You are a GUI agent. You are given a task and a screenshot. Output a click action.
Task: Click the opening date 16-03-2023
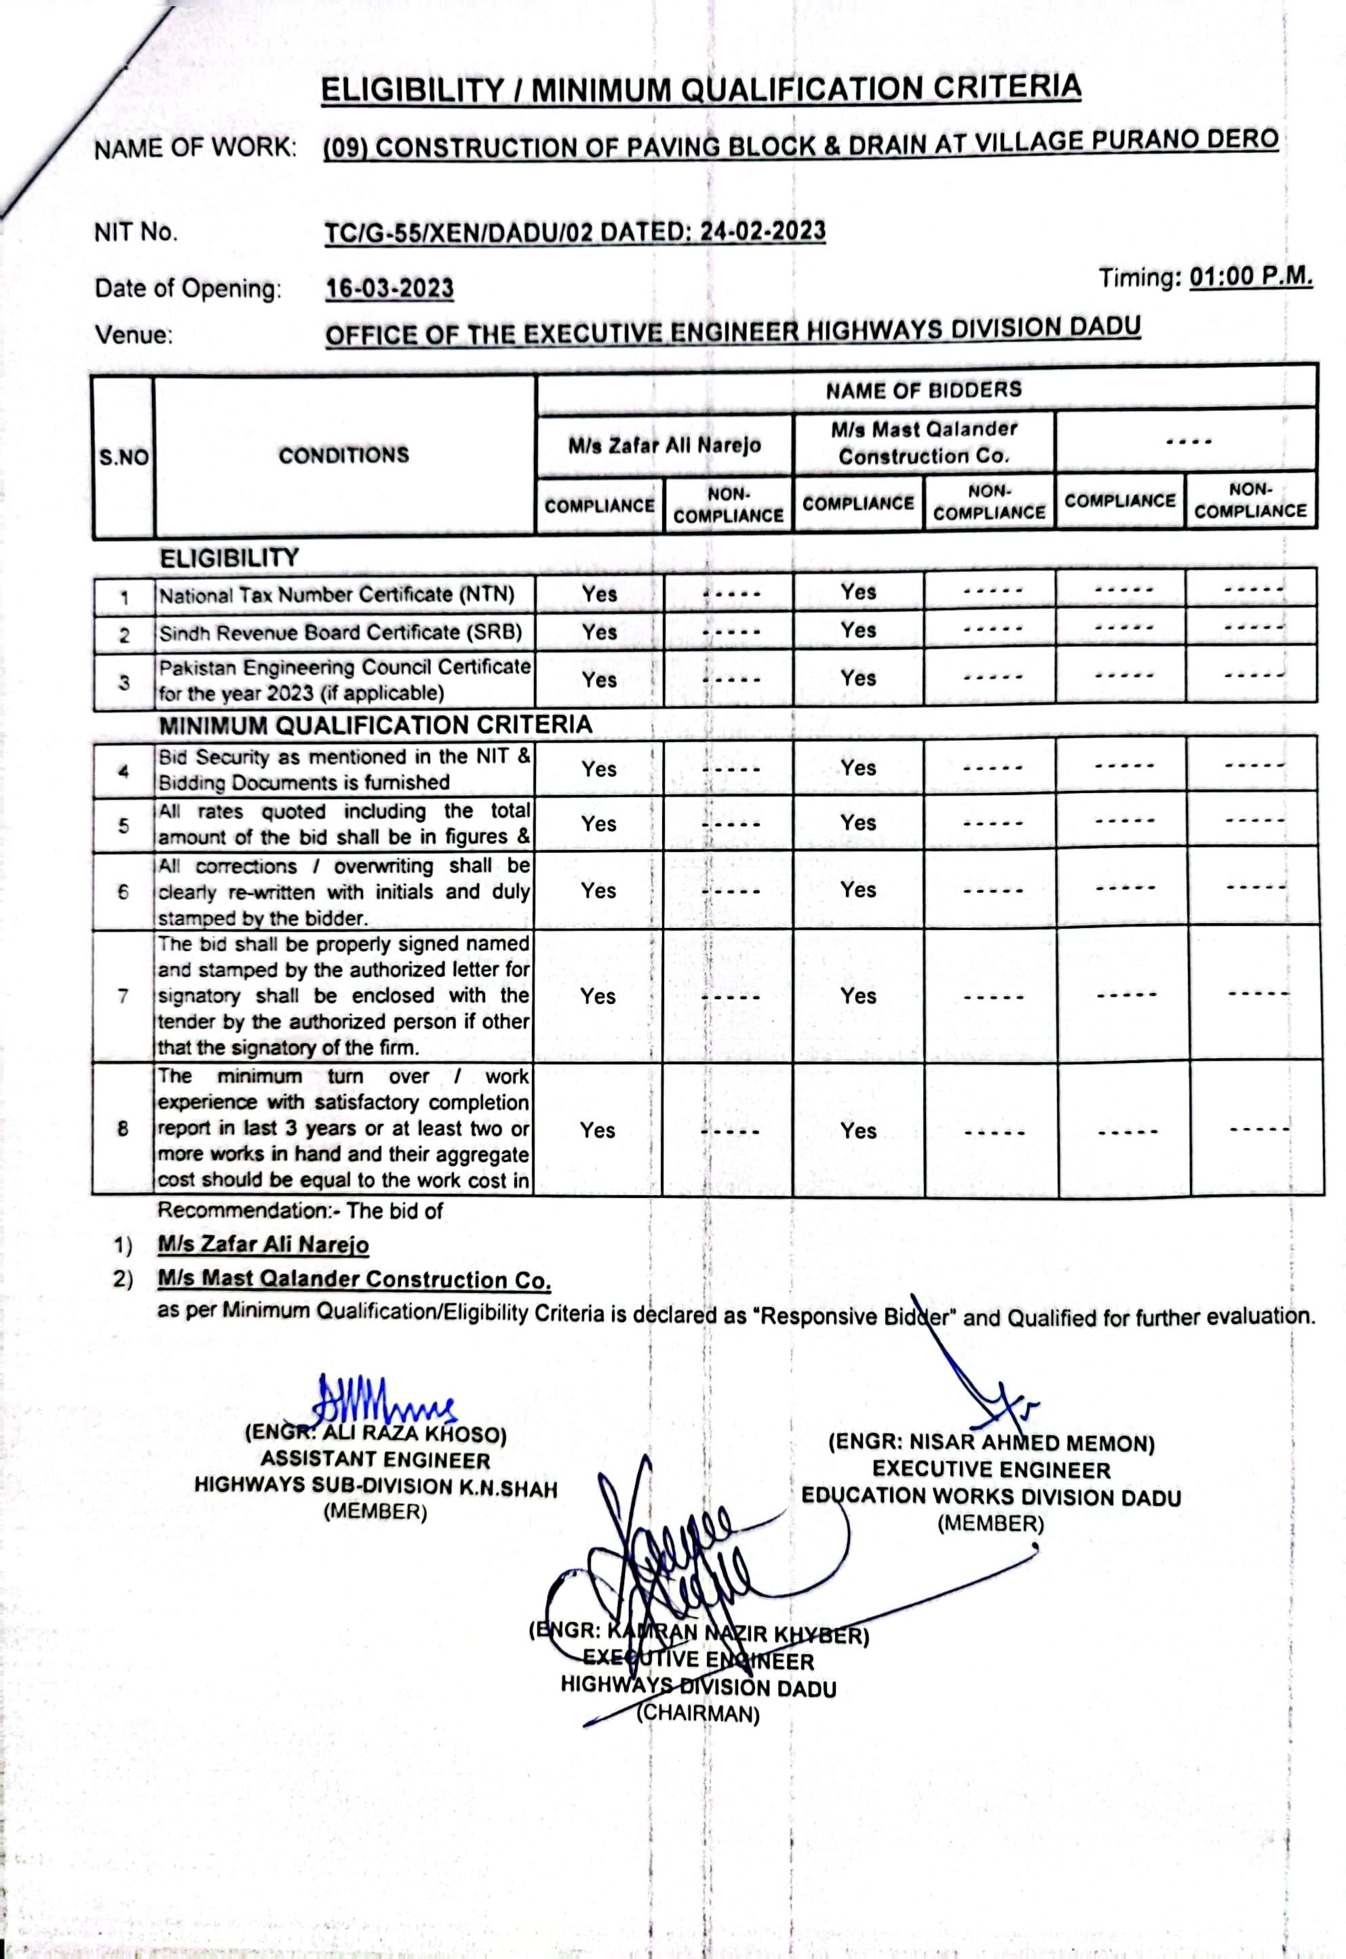389,288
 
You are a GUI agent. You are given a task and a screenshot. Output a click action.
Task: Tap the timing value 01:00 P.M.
1251,277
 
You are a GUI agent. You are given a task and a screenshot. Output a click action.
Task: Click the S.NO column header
123,457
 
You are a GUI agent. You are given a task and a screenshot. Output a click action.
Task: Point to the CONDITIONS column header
343,455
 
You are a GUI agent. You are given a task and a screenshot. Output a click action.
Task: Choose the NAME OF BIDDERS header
923,389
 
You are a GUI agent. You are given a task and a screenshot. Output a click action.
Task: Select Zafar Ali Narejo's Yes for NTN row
599,594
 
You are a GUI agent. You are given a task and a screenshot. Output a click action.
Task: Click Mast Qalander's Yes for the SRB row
858,630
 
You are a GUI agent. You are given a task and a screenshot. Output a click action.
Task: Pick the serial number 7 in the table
123,996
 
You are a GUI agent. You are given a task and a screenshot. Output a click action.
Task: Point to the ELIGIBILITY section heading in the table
229,558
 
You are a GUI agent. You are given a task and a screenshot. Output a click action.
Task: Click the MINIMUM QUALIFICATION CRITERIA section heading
375,725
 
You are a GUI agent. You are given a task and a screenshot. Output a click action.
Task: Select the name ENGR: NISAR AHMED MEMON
991,1443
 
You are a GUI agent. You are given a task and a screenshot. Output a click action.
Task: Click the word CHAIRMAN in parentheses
698,1714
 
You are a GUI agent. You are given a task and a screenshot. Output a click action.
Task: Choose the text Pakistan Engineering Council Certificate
344,667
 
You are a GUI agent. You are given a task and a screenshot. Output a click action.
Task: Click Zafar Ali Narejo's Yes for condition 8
597,1130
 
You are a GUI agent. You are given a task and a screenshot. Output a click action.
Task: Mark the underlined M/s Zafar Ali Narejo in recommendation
263,1245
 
